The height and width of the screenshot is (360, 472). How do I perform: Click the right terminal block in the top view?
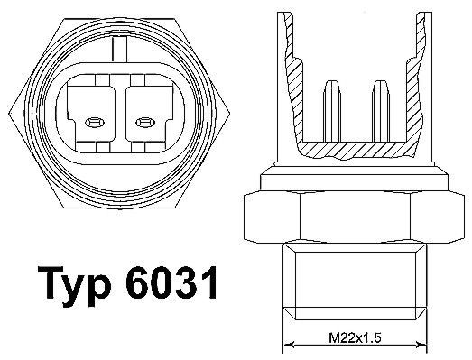pos(143,113)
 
